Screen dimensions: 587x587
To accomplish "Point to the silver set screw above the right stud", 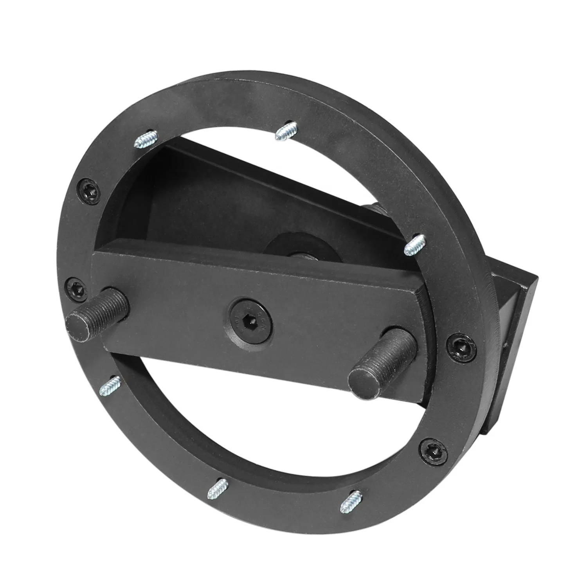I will [413, 244].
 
